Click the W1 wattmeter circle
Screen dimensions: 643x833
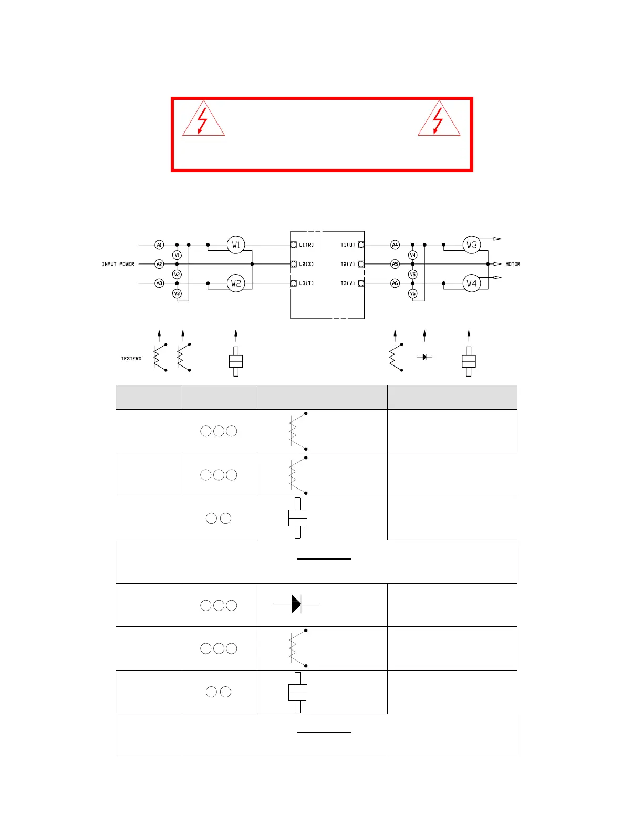pyautogui.click(x=236, y=245)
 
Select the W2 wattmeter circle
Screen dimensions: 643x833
pyautogui.click(x=236, y=283)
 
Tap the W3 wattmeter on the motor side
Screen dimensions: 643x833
pyautogui.click(x=472, y=245)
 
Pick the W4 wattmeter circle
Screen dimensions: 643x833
pyautogui.click(x=472, y=283)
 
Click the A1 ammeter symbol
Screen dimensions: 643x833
pyautogui.click(x=159, y=245)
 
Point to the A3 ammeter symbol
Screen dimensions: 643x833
pyautogui.click(x=159, y=283)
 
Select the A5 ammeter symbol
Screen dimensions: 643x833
pyautogui.click(x=395, y=264)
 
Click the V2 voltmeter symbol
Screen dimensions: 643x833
pyautogui.click(x=177, y=274)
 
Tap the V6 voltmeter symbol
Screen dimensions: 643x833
pyautogui.click(x=413, y=293)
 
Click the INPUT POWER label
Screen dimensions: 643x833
pyautogui.click(x=118, y=264)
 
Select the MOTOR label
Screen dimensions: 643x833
pyautogui.click(x=513, y=264)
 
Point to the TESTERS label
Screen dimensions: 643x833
pyautogui.click(x=131, y=359)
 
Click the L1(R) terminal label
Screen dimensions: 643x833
pyautogui.click(x=306, y=245)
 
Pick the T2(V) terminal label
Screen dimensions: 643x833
pyautogui.click(x=348, y=264)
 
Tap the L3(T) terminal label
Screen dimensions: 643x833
pyautogui.click(x=306, y=283)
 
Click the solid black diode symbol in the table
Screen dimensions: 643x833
pyautogui.click(x=296, y=604)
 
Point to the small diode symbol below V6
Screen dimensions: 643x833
pyautogui.click(x=424, y=357)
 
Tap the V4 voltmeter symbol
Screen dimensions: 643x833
pyautogui.click(x=413, y=255)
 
